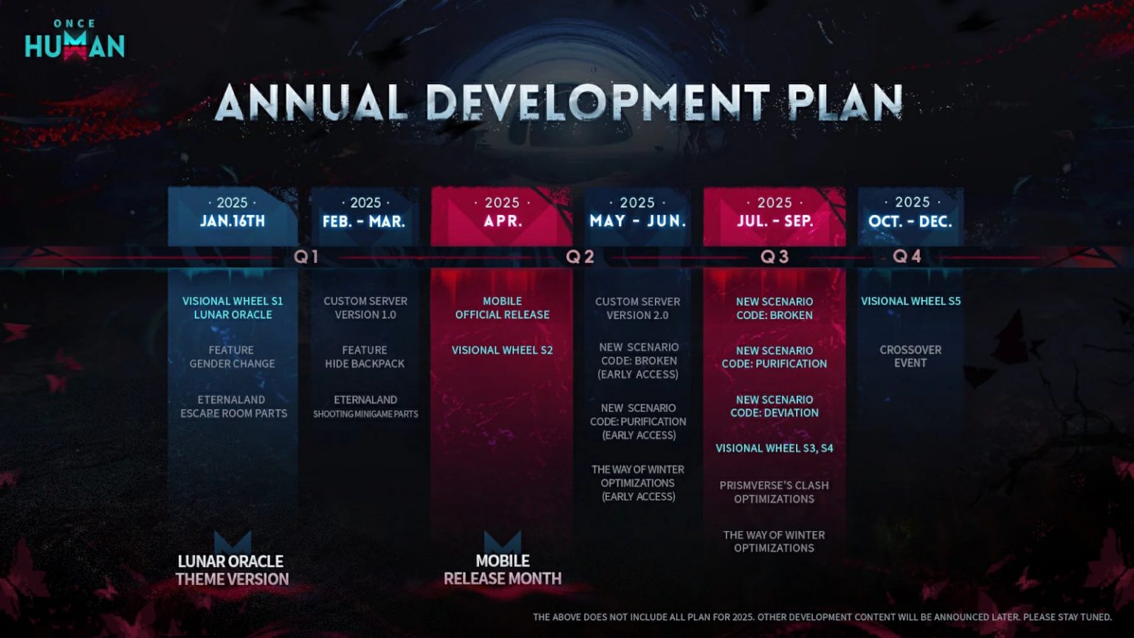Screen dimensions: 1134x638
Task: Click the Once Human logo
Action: tap(75, 40)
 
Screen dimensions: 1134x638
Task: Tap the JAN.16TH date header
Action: tap(233, 222)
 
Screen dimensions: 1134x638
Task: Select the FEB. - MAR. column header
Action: tap(364, 222)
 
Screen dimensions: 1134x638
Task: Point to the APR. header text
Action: tap(502, 222)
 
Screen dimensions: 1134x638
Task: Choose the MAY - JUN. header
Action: tap(637, 222)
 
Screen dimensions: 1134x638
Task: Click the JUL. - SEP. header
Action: tap(774, 222)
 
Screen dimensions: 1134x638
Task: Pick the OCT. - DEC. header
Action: tap(910, 222)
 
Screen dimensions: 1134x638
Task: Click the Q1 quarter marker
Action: tap(306, 257)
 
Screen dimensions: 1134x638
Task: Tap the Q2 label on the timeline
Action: tap(580, 257)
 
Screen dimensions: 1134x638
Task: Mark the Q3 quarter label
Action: tap(774, 257)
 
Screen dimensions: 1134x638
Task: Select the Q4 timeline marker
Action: tap(907, 257)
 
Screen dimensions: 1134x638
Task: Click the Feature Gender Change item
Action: tap(232, 357)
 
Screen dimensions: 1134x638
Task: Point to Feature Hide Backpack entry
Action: tap(365, 357)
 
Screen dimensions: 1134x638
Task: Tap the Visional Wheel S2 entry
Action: tap(502, 350)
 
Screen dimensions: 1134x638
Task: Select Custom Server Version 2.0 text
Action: tap(637, 309)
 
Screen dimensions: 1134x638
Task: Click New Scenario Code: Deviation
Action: tap(774, 406)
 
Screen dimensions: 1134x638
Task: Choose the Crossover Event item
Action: tap(910, 357)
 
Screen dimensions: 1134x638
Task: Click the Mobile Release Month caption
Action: tap(503, 569)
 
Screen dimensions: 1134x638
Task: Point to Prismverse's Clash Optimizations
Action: tap(774, 493)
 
